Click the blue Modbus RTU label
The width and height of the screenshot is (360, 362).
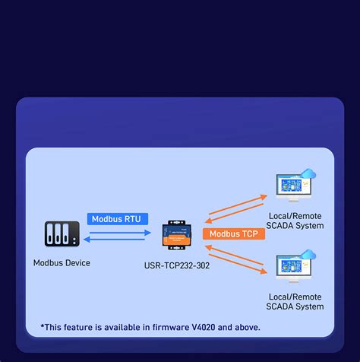pos(115,219)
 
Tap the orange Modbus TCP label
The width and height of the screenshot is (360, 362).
pos(234,234)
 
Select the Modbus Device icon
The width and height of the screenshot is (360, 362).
pos(62,235)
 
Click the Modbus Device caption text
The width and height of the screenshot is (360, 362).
pos(62,263)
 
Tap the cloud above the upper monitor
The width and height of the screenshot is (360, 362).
pos(308,176)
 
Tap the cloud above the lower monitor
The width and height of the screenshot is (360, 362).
pos(308,256)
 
